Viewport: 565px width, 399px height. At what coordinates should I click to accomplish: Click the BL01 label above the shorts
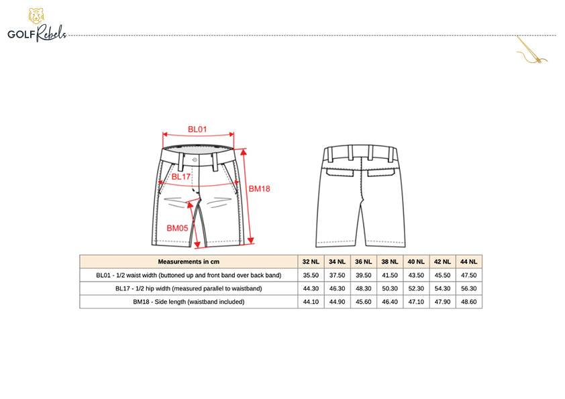point(197,129)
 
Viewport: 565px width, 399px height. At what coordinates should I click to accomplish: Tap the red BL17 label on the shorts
point(181,176)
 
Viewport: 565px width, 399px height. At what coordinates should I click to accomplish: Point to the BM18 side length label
point(260,188)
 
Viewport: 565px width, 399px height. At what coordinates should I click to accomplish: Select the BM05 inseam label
point(177,228)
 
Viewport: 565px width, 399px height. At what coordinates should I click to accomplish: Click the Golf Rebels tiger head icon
point(36,16)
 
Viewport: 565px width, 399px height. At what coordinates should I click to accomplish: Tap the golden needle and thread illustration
point(531,50)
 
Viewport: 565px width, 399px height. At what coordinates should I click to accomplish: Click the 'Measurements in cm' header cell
point(189,262)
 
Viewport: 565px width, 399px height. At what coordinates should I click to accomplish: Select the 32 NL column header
point(311,262)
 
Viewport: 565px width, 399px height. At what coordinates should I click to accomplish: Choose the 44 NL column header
point(468,262)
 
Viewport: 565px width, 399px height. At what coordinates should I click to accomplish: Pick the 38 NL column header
point(389,262)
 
